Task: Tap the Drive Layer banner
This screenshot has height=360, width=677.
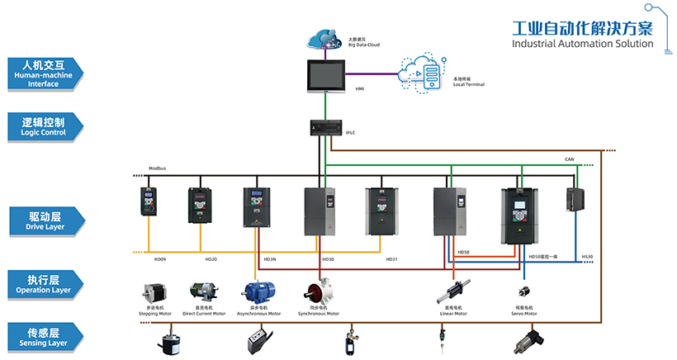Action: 45,220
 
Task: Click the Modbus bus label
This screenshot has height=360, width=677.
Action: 157,168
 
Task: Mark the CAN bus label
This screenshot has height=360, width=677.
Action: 569,159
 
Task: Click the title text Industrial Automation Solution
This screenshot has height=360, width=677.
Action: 582,43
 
